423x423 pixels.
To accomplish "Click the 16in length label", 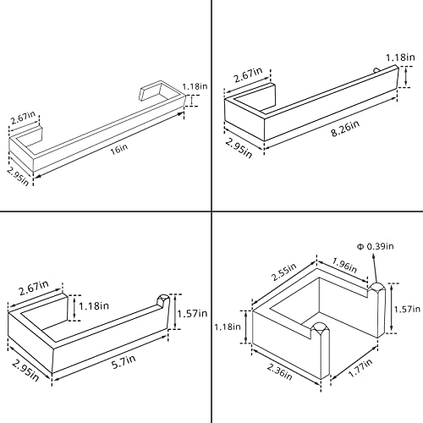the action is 118,149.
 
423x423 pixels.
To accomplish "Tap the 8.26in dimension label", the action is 345,129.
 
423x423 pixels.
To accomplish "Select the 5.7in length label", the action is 124,362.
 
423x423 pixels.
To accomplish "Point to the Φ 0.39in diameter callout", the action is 375,246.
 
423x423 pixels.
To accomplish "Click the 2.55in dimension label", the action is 283,272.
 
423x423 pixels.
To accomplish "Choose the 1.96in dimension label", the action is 344,265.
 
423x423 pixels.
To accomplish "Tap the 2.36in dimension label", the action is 279,371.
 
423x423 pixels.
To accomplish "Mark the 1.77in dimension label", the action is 360,368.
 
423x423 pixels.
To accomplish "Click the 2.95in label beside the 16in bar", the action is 18,176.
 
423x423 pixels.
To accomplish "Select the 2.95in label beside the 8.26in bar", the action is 239,149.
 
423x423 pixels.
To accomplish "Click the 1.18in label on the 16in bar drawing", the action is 195,86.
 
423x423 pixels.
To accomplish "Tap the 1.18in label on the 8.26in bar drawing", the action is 400,58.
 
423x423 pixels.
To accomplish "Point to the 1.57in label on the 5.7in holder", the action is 192,313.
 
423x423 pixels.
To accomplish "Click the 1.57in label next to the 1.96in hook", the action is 407,310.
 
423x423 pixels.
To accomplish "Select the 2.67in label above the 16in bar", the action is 23,118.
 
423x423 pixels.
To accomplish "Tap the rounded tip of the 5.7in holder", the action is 163,299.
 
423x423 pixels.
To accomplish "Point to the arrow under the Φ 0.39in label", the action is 375,268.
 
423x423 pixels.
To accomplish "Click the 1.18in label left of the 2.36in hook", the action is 228,327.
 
